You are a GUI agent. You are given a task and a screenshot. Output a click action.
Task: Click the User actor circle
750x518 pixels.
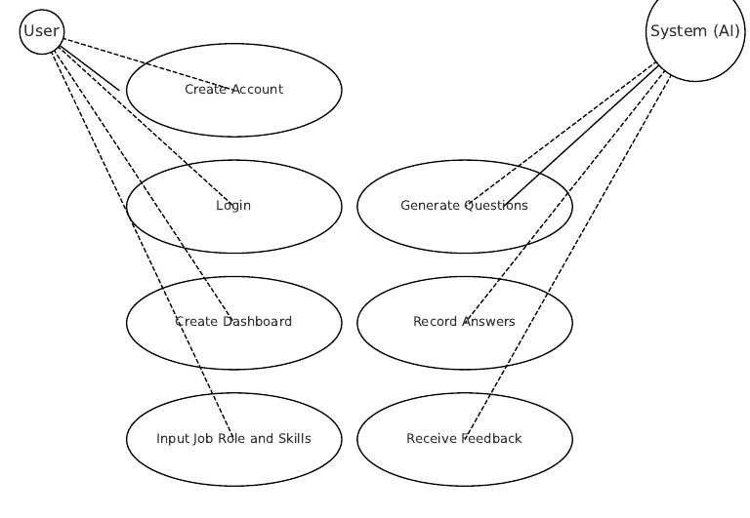[x=41, y=31]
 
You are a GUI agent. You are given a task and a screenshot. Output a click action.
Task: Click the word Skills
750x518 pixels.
[x=291, y=439]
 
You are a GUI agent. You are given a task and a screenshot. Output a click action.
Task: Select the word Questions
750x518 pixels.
[x=496, y=206]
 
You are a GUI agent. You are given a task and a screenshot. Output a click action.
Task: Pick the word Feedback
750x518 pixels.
[x=492, y=439]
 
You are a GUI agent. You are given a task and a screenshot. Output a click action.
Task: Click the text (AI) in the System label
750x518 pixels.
[x=725, y=31]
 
